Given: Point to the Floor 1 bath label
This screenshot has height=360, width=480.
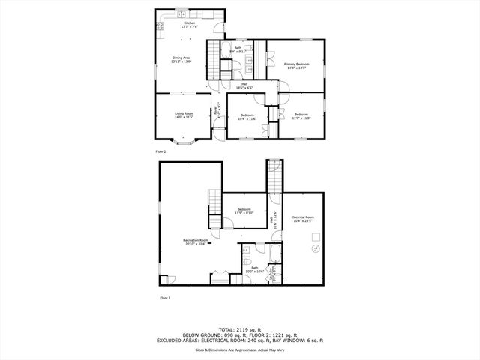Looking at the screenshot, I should pos(255,270).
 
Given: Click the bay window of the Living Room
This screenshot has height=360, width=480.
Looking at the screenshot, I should pos(184,141).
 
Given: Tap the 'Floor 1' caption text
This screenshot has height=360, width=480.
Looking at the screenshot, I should pos(164,298).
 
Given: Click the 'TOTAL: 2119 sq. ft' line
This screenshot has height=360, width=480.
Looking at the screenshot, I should pos(240,328).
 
